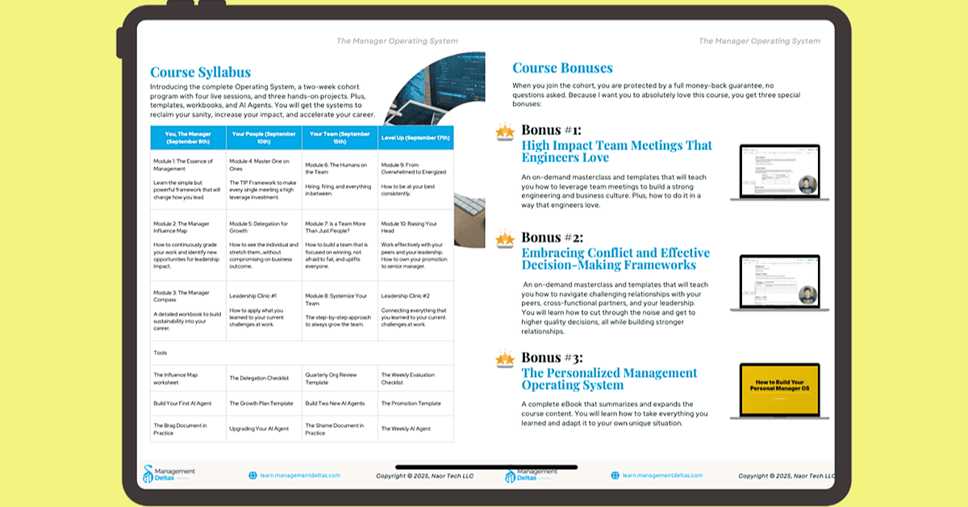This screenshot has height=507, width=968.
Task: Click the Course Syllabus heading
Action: point(200,73)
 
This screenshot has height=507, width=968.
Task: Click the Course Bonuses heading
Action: point(562,69)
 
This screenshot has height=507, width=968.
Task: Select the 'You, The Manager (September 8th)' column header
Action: point(188,136)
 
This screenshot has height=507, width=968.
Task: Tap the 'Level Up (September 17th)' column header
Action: point(415,137)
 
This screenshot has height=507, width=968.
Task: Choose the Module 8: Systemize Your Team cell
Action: point(339,310)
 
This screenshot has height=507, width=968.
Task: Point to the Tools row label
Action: point(161,353)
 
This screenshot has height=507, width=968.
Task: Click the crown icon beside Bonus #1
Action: point(505,132)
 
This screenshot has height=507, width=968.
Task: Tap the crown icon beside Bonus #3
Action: point(505,358)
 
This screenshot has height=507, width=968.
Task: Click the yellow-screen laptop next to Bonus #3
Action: point(779,391)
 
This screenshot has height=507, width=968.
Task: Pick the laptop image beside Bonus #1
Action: point(779,173)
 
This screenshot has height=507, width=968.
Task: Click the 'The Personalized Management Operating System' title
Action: point(609,379)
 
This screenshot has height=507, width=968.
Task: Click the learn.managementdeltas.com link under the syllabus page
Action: point(294,476)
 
